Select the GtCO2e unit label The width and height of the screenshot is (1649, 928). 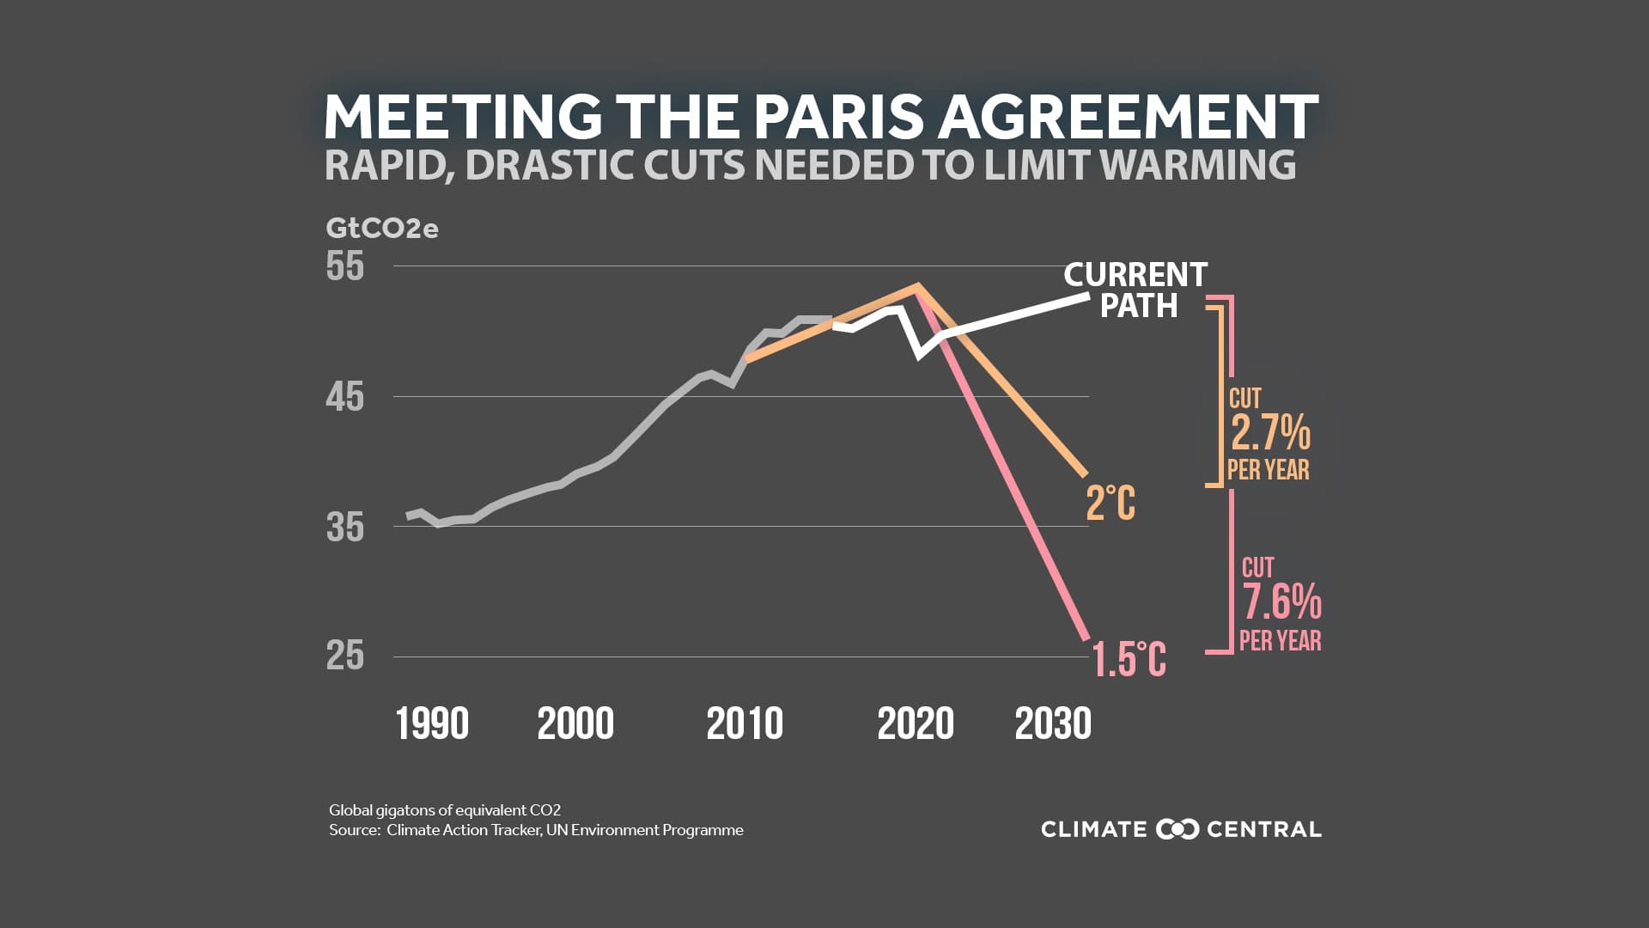click(381, 229)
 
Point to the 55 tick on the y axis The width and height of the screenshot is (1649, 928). click(345, 266)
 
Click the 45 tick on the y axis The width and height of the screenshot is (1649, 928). click(345, 397)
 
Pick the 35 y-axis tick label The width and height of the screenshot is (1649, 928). click(345, 527)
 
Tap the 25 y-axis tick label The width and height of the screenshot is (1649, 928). click(345, 656)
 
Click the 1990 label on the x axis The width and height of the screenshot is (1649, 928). click(432, 723)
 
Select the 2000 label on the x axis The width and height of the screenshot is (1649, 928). click(575, 723)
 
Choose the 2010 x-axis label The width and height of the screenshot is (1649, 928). click(745, 723)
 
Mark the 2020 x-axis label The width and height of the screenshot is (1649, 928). click(916, 723)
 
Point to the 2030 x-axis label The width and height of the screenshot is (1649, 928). click(1053, 723)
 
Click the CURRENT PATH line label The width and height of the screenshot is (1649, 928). click(1136, 290)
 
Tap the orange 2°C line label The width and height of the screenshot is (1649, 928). click(1110, 504)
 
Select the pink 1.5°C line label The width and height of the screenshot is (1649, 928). click(1129, 660)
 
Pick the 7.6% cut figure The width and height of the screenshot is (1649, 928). click(1281, 601)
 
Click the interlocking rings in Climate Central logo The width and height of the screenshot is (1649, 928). click(1177, 829)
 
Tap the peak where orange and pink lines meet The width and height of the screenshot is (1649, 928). click(918, 286)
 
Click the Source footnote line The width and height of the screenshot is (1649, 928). click(536, 830)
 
